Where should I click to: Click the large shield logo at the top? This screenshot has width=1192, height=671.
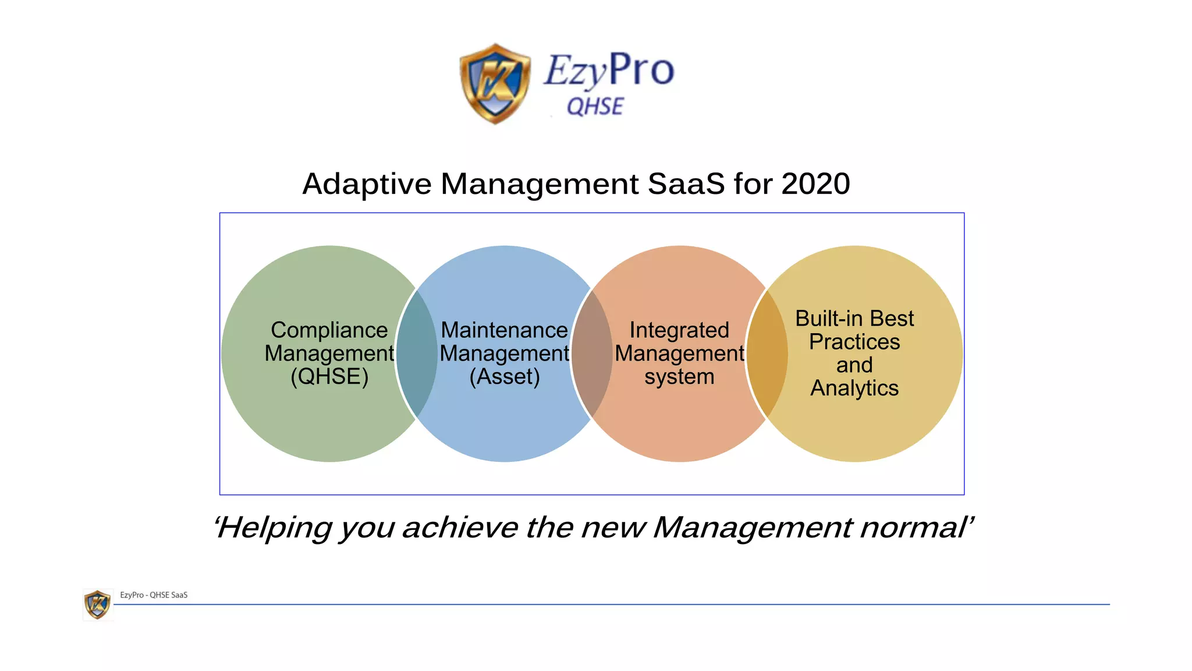pyautogui.click(x=495, y=83)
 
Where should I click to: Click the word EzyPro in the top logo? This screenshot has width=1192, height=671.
pyautogui.click(x=609, y=70)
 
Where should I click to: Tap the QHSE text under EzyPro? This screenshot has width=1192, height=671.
pyautogui.click(x=595, y=107)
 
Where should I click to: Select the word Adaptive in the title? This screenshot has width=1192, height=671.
pyautogui.click(x=367, y=184)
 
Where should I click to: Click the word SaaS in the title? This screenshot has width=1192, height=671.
pyautogui.click(x=686, y=184)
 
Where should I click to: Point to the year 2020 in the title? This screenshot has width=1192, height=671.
pyautogui.click(x=815, y=184)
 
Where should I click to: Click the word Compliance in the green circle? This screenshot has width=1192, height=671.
pyautogui.click(x=329, y=330)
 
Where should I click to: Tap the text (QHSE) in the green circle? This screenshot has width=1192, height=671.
pyautogui.click(x=329, y=377)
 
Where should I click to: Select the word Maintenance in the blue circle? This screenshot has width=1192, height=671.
pyautogui.click(x=504, y=330)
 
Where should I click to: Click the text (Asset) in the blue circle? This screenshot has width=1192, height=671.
pyautogui.click(x=505, y=377)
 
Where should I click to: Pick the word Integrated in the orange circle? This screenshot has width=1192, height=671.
pyautogui.click(x=679, y=330)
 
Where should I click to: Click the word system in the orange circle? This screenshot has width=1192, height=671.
pyautogui.click(x=679, y=377)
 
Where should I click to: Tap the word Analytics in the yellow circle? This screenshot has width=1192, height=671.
pyautogui.click(x=854, y=389)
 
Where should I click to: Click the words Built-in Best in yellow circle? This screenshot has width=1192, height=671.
pyautogui.click(x=854, y=319)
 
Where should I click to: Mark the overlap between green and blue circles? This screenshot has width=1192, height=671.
pyautogui.click(x=417, y=354)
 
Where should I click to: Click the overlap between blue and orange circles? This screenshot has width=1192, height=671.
pyautogui.click(x=592, y=354)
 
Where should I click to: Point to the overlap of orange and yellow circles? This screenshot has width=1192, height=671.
pyautogui.click(x=767, y=354)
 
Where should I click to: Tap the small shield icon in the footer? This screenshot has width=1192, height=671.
pyautogui.click(x=97, y=604)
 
